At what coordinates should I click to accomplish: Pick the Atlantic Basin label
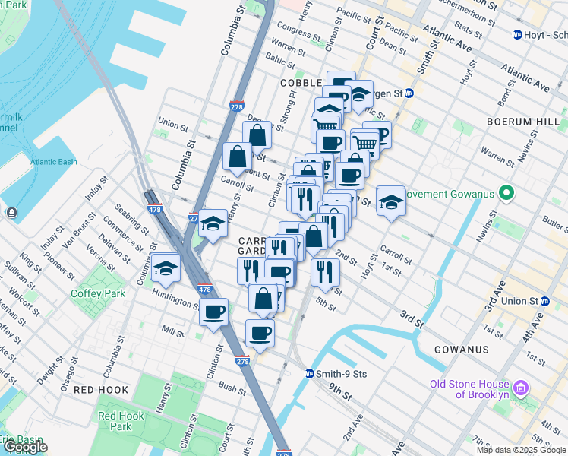point(54,162)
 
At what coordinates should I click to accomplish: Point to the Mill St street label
point(173,332)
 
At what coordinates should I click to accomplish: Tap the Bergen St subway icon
point(409,93)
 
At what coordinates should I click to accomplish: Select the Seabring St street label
point(131,221)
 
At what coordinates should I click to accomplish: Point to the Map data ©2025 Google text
point(522,450)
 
